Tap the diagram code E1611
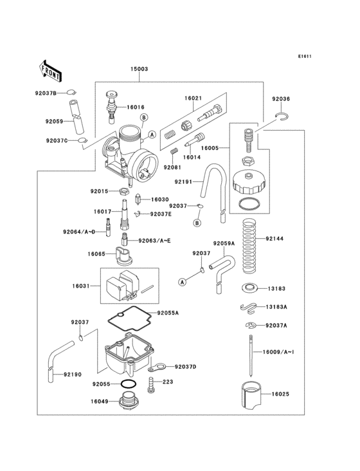point(305,56)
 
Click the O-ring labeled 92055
point(128,384)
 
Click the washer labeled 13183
point(249,288)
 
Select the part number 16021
point(194,98)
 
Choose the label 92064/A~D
point(79,231)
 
